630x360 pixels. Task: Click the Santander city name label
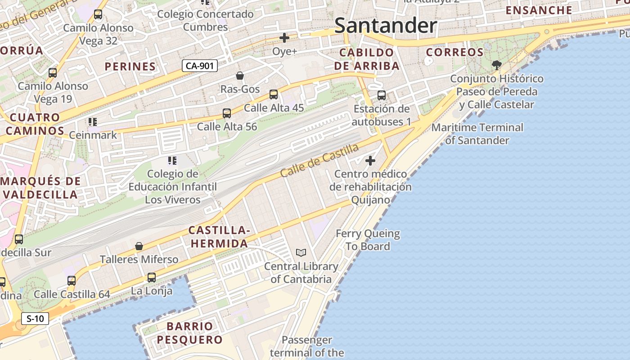pyautogui.click(x=386, y=26)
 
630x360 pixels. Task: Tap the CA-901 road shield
pyautogui.click(x=200, y=66)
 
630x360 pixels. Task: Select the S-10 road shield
pyautogui.click(x=35, y=319)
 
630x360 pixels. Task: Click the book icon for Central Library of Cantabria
pyautogui.click(x=301, y=253)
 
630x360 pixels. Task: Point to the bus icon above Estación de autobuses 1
pyautogui.click(x=382, y=95)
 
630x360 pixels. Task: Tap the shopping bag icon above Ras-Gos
pyautogui.click(x=240, y=76)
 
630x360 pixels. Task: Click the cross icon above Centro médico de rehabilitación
pyautogui.click(x=370, y=161)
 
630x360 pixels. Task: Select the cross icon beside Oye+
pyautogui.click(x=284, y=38)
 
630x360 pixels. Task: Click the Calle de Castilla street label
pyautogui.click(x=319, y=161)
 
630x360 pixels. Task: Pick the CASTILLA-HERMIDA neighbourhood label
pyautogui.click(x=219, y=237)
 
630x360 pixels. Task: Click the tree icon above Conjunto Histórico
pyautogui.click(x=497, y=65)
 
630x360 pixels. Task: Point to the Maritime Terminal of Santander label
pyautogui.click(x=477, y=134)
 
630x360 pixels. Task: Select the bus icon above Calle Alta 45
pyautogui.click(x=274, y=94)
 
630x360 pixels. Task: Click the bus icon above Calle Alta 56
pyautogui.click(x=227, y=113)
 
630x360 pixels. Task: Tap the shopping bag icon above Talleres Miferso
pyautogui.click(x=139, y=247)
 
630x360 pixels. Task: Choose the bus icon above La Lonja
pyautogui.click(x=152, y=278)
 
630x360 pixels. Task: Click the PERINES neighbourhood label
pyautogui.click(x=130, y=67)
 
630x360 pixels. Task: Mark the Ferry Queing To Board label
pyautogui.click(x=368, y=240)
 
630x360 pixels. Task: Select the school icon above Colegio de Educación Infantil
pyautogui.click(x=172, y=161)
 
